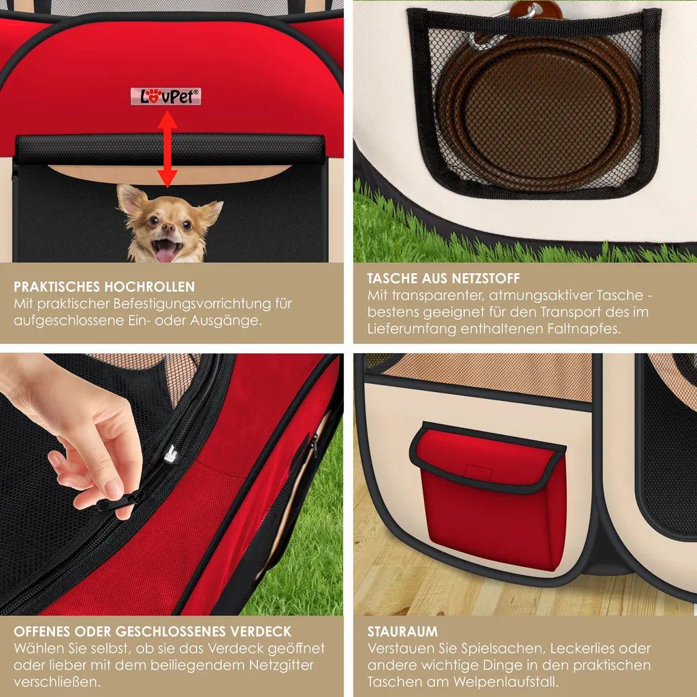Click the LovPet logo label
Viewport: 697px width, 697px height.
[166, 97]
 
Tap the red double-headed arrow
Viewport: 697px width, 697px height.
[167, 149]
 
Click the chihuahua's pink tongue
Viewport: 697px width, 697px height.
[165, 253]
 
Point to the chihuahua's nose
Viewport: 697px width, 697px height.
[169, 228]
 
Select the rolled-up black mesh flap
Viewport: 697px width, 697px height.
[169, 149]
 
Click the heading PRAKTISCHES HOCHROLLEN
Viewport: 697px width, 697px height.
[104, 287]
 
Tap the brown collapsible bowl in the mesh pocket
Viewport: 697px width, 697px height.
[539, 114]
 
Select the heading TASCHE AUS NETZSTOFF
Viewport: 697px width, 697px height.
[443, 278]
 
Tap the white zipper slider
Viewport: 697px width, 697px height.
[171, 454]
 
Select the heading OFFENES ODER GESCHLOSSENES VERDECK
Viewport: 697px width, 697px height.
[152, 632]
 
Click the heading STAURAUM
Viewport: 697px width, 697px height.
[402, 632]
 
